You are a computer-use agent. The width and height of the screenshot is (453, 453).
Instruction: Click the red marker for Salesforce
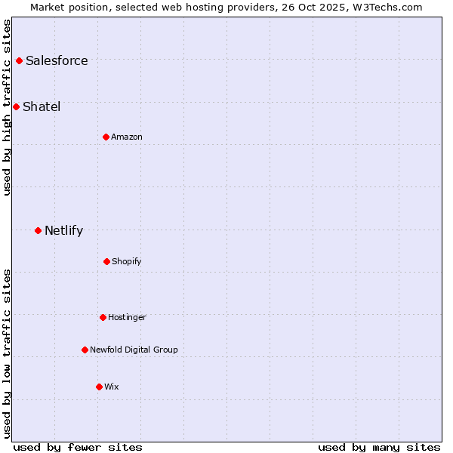coord(19,60)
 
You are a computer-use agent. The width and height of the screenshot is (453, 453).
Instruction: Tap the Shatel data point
coord(16,106)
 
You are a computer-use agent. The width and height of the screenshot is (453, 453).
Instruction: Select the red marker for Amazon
coord(106,137)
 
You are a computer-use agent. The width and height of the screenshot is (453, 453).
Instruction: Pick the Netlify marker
coord(38,230)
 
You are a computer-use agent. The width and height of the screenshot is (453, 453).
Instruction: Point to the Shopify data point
coord(106,261)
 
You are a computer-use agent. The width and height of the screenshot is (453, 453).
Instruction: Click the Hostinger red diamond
coord(103,317)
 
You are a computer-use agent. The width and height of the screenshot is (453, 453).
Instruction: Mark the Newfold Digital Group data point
coord(85,350)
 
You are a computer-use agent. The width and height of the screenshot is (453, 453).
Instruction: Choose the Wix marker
coord(99,387)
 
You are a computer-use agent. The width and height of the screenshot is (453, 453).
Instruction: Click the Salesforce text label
coord(57,61)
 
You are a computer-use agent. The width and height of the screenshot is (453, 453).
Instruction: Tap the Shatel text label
coord(42,107)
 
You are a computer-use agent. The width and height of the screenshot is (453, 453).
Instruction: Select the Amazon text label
coord(127,137)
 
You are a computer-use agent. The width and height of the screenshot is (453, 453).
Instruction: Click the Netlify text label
coord(63,231)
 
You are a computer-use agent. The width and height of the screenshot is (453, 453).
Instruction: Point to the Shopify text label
coord(127,262)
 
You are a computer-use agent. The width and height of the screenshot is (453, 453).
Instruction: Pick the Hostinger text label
coord(127,318)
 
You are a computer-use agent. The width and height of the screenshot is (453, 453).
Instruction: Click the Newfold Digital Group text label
coord(134,350)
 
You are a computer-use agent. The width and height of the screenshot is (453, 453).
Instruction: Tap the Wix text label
coord(112,387)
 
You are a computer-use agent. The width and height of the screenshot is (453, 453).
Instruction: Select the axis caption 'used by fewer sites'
coord(78,447)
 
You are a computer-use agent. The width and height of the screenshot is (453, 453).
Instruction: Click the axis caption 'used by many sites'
coord(379,447)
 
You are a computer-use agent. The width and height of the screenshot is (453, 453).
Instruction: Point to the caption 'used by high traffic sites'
coord(7,106)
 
